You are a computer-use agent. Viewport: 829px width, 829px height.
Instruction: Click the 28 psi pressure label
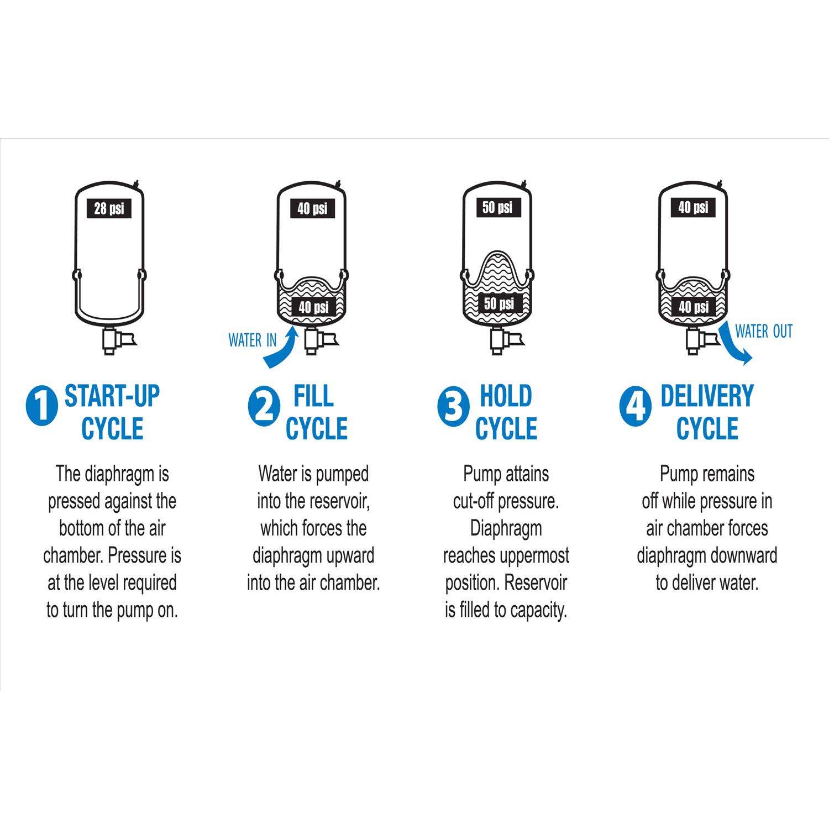[109, 209]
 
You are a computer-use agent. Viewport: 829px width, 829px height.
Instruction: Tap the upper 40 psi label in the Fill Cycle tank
[313, 208]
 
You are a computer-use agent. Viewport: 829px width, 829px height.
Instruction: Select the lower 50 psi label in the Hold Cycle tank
[499, 303]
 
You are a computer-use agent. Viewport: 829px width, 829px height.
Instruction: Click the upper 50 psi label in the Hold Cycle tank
[498, 207]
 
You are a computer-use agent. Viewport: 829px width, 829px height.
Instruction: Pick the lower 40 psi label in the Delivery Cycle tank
[694, 306]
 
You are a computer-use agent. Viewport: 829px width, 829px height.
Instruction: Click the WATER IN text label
[253, 340]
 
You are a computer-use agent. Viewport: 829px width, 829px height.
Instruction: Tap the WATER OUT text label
[764, 332]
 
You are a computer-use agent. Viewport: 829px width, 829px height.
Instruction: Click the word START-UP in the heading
[112, 396]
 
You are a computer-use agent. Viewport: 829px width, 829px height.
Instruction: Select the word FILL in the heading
[313, 396]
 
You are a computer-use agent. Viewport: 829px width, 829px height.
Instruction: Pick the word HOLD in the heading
[506, 396]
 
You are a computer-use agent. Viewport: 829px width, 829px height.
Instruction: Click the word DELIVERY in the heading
[707, 396]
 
